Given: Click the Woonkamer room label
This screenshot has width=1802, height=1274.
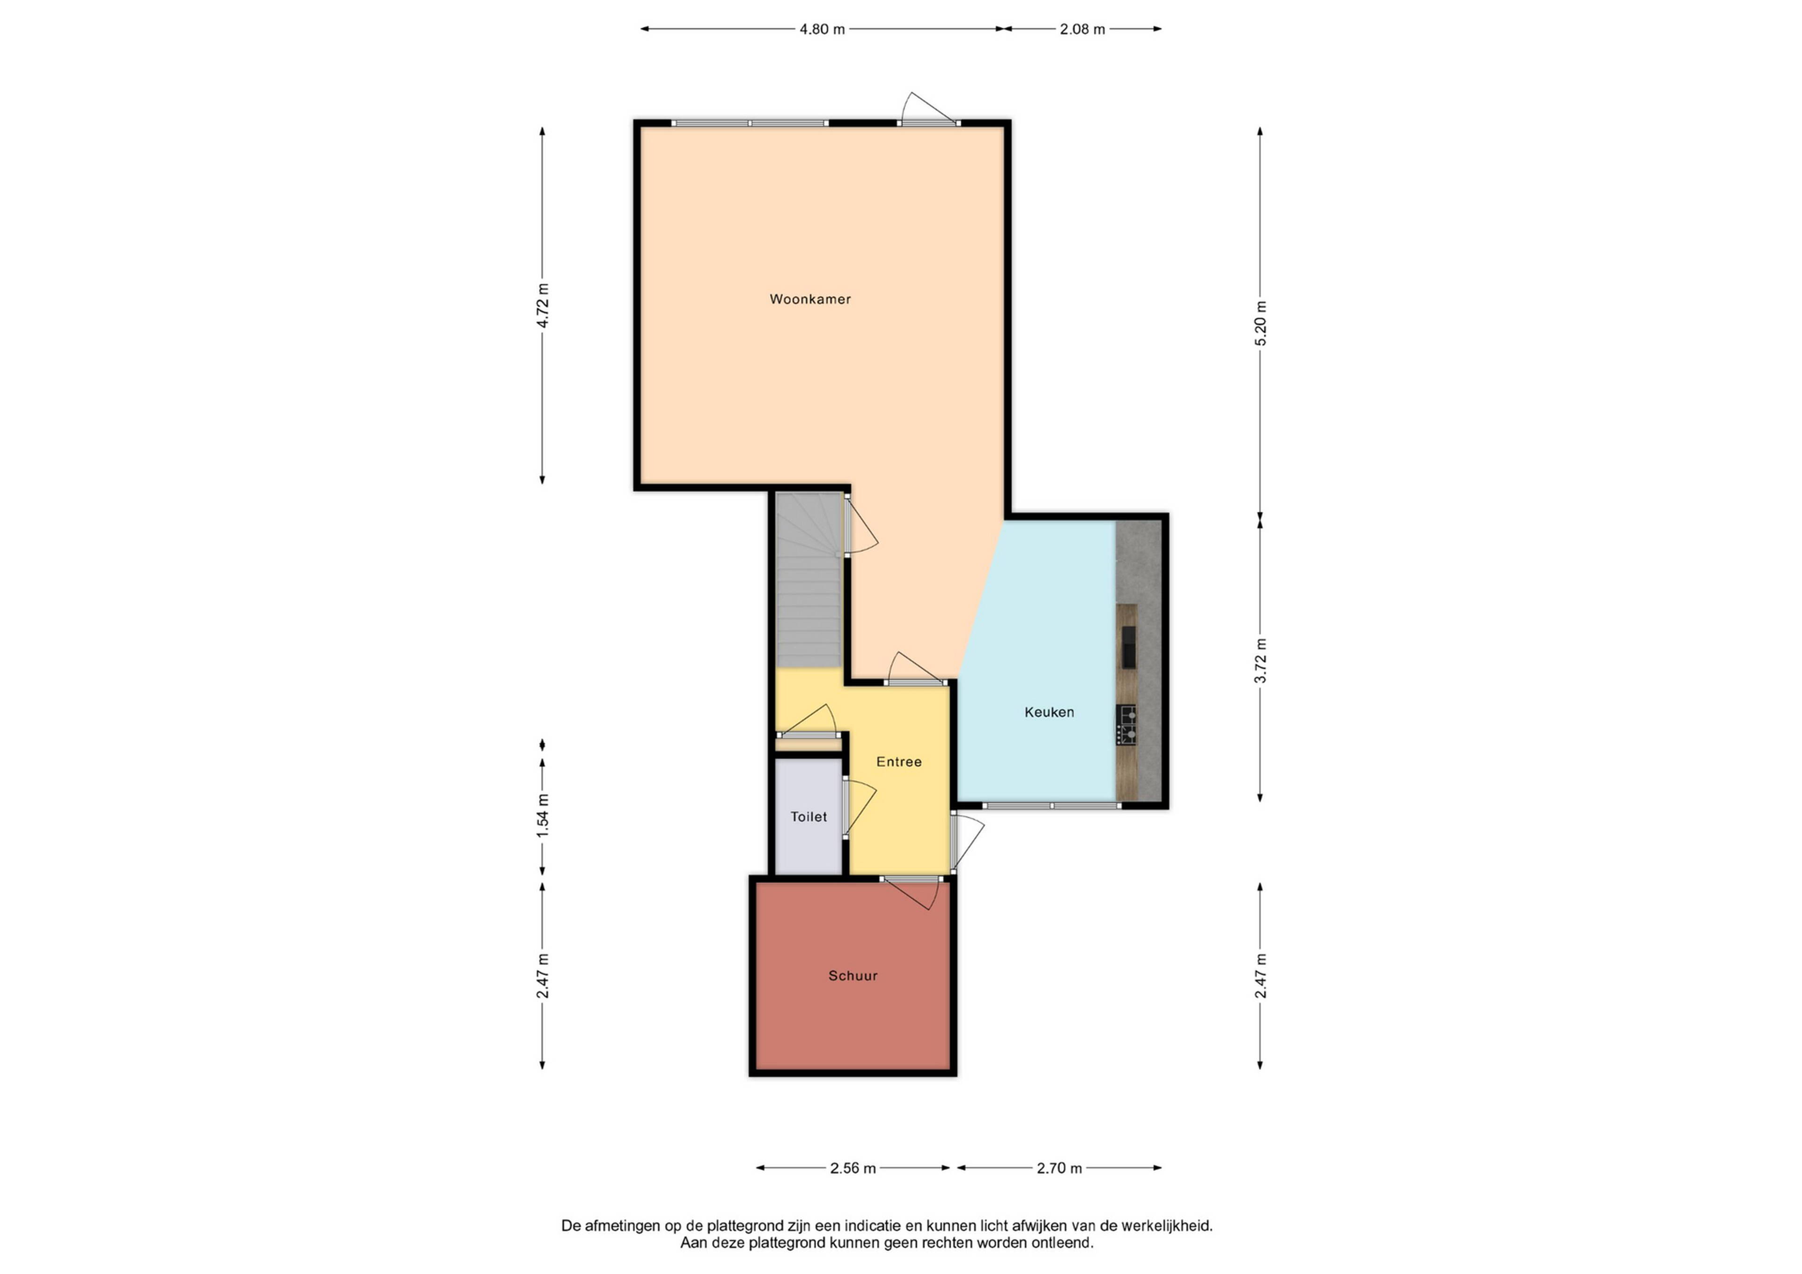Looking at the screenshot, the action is point(810,299).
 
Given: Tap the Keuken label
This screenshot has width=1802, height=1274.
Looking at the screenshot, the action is point(1049,713).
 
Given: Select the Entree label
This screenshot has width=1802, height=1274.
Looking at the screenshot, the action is point(899,762).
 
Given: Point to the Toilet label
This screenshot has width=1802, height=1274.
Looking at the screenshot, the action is point(809,817).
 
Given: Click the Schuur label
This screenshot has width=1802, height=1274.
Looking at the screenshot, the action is point(853,976).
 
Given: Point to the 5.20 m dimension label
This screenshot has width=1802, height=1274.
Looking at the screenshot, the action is point(1260,323).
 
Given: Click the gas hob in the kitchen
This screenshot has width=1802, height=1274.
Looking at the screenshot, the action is point(1127,725).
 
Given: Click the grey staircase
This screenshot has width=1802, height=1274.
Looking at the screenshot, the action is point(809,581).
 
